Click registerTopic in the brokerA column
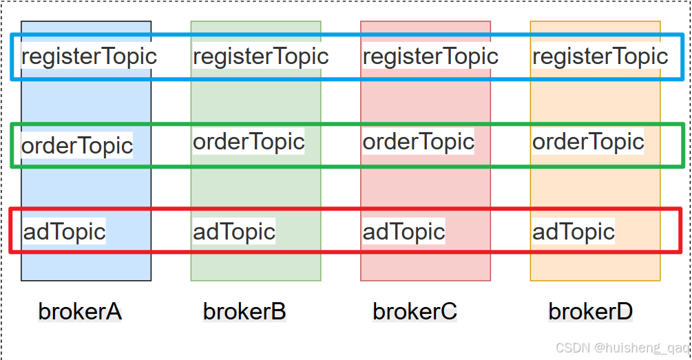[89, 56]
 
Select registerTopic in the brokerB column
[260, 56]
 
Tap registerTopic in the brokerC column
[430, 56]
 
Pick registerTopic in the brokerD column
[600, 56]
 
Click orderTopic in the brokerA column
[77, 145]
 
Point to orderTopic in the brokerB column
[249, 141]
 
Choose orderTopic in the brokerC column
[419, 141]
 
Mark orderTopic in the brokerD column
[588, 141]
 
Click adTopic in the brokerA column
[64, 231]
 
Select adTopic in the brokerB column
[234, 231]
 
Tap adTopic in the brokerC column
[404, 231]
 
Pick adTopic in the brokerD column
[574, 231]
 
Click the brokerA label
[80, 311]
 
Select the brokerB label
[244, 311]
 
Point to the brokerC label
[415, 311]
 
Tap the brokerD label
[590, 311]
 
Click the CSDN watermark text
[622, 348]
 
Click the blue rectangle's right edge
[681, 56]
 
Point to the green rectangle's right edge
[682, 145]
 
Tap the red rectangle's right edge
[680, 231]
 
